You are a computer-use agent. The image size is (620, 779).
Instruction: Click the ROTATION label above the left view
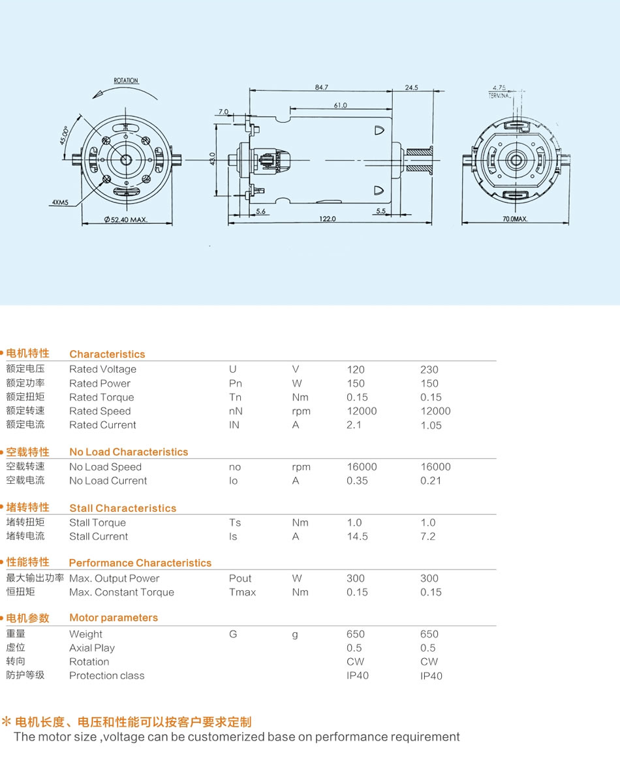126,80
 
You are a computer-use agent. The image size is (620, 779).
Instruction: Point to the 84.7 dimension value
322,87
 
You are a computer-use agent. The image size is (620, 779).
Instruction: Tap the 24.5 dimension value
412,87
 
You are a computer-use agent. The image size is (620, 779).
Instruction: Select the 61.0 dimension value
341,105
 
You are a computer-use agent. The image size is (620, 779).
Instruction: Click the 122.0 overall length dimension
328,219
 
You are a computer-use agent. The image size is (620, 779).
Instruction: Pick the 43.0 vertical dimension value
213,159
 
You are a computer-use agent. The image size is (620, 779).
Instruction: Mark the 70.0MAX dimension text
515,219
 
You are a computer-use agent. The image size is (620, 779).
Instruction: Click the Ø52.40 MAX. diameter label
126,219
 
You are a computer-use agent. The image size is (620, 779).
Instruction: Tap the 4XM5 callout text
60,202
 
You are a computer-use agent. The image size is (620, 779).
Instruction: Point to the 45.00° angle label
65,135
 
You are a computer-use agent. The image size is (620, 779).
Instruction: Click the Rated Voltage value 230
429,370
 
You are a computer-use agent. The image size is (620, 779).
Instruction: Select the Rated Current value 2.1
354,425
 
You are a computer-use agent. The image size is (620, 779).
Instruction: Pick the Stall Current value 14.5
358,537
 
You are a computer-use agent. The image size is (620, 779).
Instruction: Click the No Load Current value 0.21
431,481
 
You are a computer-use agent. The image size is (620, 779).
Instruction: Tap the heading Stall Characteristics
123,508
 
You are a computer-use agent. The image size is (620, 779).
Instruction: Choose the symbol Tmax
243,592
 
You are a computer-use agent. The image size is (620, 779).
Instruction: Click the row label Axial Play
92,648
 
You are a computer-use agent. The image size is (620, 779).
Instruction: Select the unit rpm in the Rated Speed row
302,411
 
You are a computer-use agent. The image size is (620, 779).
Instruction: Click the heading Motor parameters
114,618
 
